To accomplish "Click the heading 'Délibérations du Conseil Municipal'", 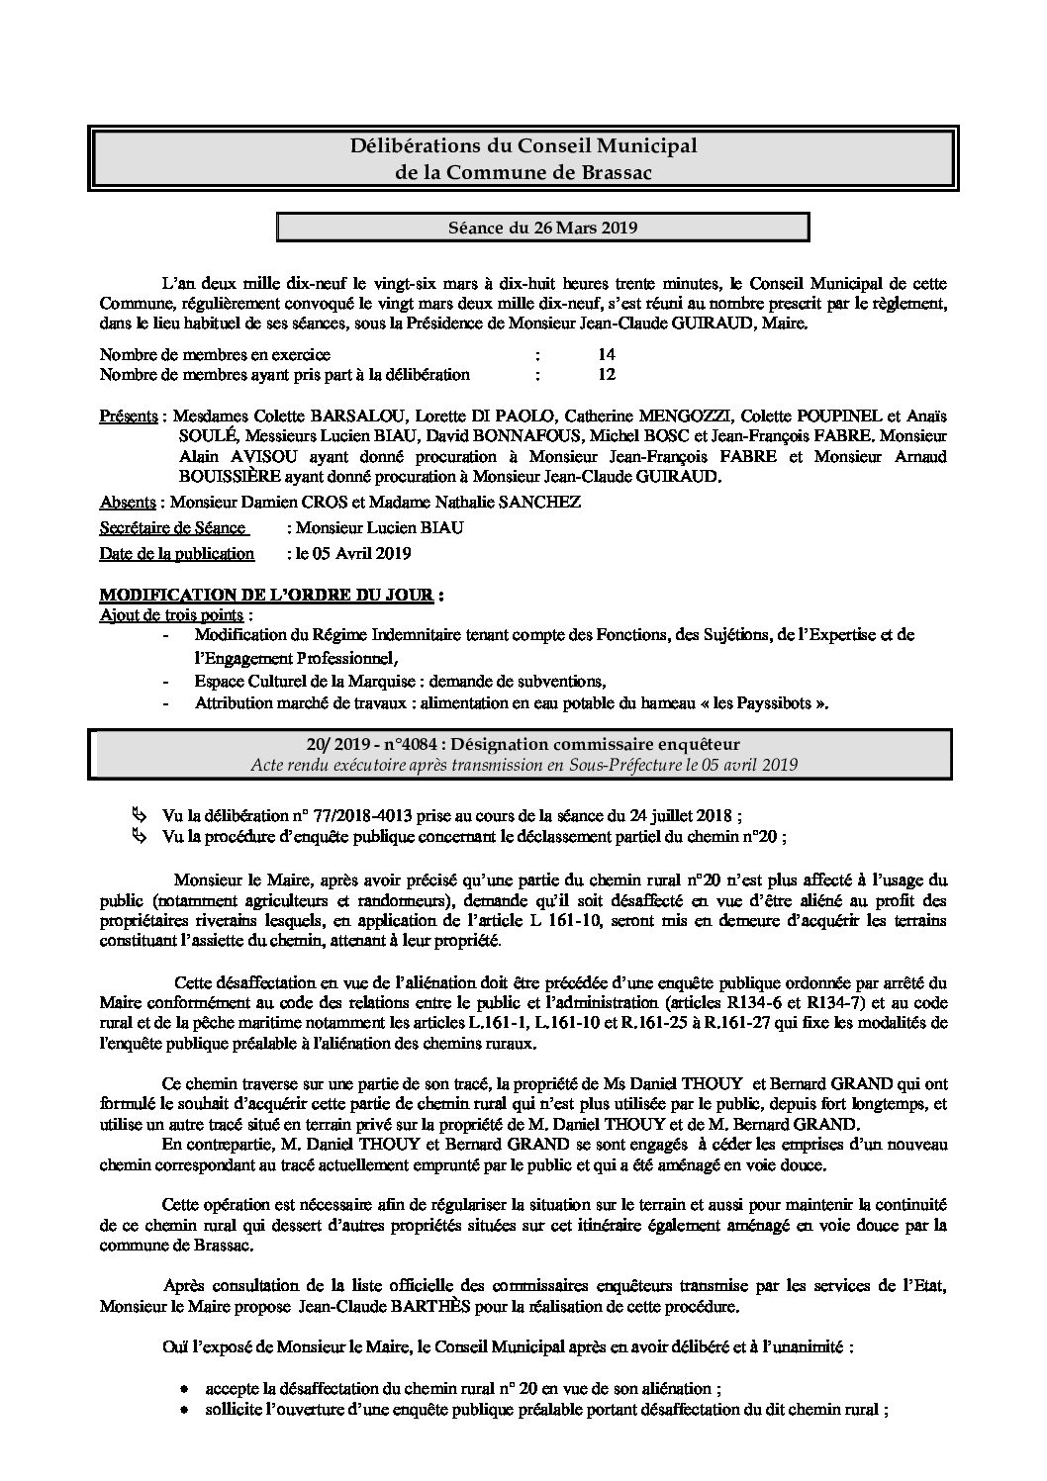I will [524, 146].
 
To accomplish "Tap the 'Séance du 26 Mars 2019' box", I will [542, 228].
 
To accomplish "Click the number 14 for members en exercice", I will [607, 354].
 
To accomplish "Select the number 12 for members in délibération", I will [607, 375].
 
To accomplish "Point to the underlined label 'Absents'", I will [130, 503].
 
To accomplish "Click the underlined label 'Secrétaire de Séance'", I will [173, 528].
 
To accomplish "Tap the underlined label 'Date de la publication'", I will [177, 554].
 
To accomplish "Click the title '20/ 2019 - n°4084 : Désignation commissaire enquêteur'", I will [524, 744].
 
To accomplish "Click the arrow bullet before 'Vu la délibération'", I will [137, 815].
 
